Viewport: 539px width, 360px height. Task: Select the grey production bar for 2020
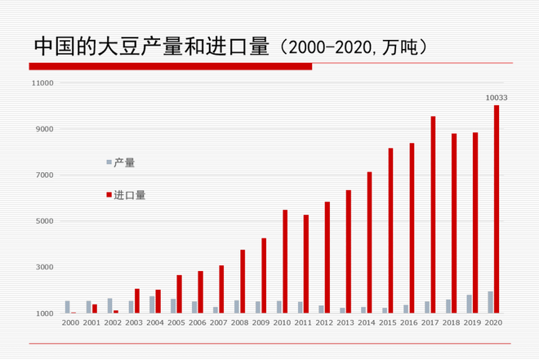click(490, 302)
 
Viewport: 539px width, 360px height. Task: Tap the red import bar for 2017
click(433, 215)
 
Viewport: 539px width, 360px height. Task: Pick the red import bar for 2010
click(285, 261)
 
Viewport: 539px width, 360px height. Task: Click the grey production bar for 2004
click(152, 304)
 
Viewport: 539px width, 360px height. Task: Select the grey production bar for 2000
click(68, 307)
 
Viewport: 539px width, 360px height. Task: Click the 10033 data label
click(497, 98)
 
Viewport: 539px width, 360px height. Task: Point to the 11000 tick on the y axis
click(42, 83)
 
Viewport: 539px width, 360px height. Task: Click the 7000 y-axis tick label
click(43, 175)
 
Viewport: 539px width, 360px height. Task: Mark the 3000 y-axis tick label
click(43, 267)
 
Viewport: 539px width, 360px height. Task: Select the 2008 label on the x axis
click(240, 322)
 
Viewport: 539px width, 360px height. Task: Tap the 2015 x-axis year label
click(388, 322)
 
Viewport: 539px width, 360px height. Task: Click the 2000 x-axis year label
click(71, 322)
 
